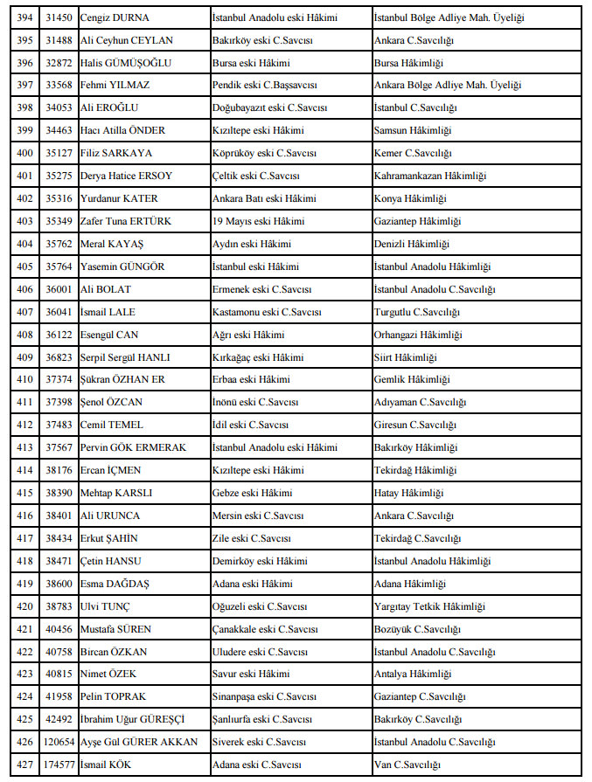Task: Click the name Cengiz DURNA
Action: pyautogui.click(x=114, y=17)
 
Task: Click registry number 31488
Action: pyautogui.click(x=58, y=40)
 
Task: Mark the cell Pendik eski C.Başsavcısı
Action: pyautogui.click(x=264, y=85)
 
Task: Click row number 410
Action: pyautogui.click(x=24, y=379)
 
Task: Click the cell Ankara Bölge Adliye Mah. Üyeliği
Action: pyautogui.click(x=447, y=85)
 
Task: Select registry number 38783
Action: pyautogui.click(x=58, y=606)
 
